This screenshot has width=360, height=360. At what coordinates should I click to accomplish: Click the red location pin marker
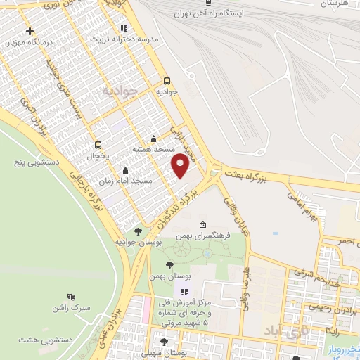180,165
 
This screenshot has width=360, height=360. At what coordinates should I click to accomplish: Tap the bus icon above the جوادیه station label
167,81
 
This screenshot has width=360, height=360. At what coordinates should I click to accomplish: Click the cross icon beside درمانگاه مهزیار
30,32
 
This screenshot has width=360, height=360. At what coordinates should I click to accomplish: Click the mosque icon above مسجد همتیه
153,139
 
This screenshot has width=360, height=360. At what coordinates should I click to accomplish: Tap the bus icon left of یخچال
96,145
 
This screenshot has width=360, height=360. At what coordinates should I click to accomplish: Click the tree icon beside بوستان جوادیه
137,230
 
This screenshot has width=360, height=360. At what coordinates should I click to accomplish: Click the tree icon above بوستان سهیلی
165,342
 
